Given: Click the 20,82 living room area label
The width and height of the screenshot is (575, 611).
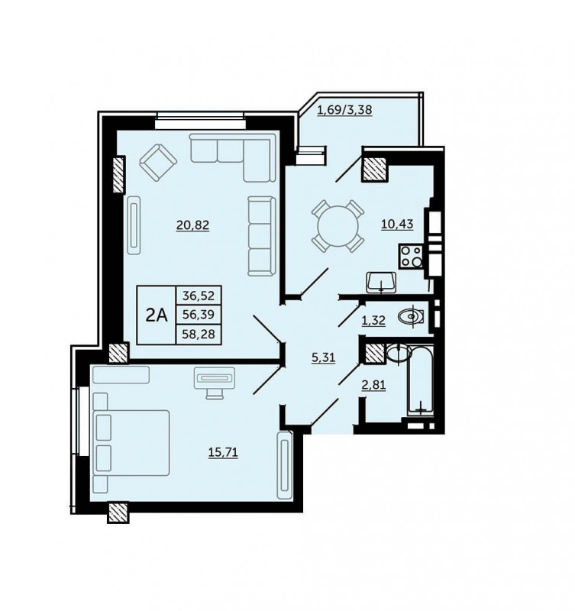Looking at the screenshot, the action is click(x=193, y=225).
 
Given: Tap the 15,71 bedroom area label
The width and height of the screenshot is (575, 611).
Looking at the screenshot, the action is click(x=223, y=452).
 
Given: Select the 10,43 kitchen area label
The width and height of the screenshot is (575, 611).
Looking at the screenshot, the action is click(x=397, y=225).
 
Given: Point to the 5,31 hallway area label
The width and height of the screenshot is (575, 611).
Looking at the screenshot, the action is click(x=323, y=357).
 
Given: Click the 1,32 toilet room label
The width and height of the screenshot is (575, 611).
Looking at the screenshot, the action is click(x=373, y=321).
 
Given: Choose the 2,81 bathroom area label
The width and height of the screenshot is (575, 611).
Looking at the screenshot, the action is click(x=373, y=386).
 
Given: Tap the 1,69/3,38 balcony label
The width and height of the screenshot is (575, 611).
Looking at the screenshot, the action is click(x=344, y=110).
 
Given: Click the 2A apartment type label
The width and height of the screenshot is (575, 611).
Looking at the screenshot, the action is click(x=157, y=315).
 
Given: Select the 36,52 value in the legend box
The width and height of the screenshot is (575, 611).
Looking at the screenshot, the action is click(x=199, y=296).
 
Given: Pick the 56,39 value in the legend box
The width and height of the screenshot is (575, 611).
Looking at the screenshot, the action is click(x=199, y=315).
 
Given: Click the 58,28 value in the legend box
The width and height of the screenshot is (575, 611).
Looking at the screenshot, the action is click(x=199, y=334).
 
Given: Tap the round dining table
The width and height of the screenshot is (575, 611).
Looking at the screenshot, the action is click(x=338, y=226).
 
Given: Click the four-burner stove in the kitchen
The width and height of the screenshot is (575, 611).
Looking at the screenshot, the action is click(x=411, y=257).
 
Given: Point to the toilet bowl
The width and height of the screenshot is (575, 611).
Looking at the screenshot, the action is click(x=411, y=316).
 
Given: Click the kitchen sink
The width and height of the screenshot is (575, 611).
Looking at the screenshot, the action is click(x=381, y=282).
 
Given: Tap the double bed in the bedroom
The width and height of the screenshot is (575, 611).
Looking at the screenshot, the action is click(x=131, y=443).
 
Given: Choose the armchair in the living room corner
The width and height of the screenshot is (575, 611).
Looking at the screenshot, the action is click(x=158, y=163).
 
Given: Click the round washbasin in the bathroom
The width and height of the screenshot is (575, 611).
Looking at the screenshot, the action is click(x=399, y=354).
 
